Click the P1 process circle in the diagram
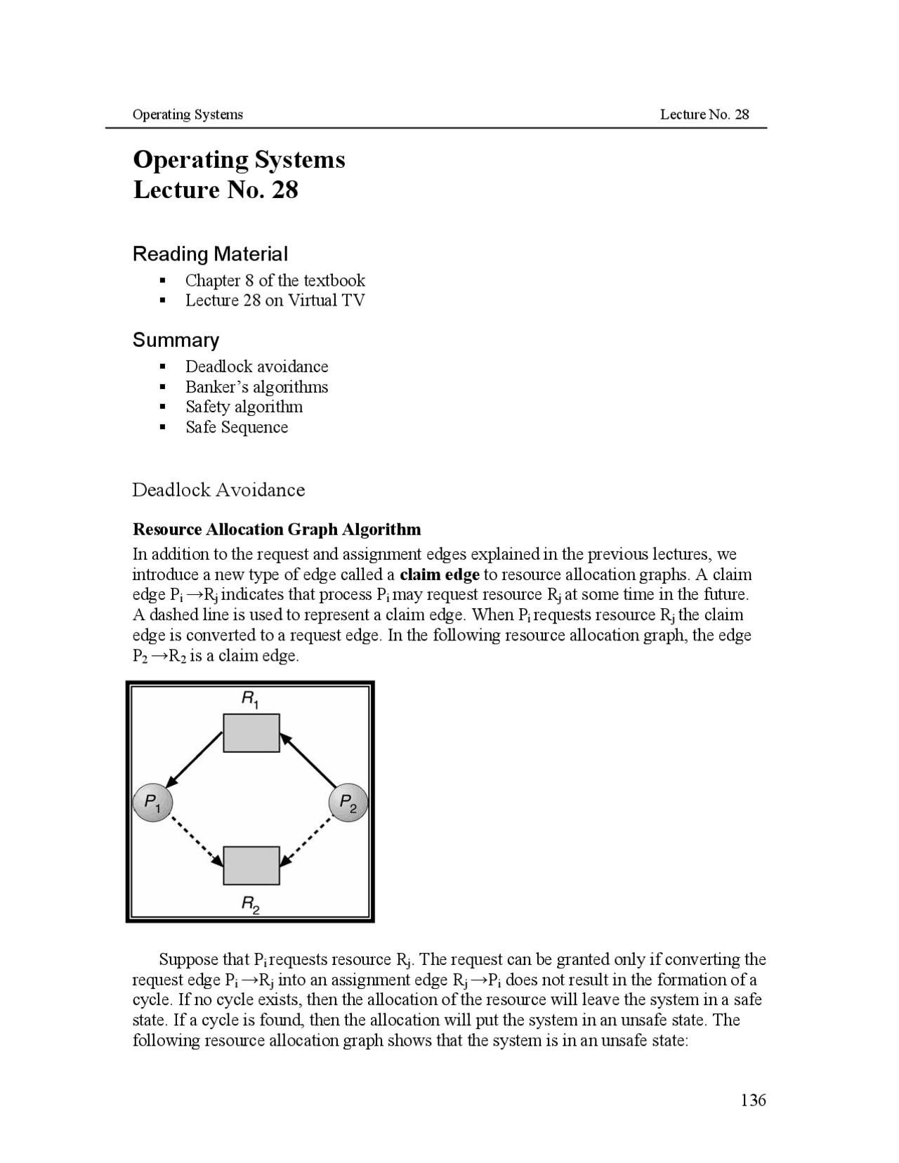coord(152,802)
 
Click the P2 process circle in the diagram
coord(348,802)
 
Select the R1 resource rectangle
coord(251,732)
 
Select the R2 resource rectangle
coord(251,865)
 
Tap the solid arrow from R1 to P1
coord(195,759)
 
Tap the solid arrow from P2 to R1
coord(308,760)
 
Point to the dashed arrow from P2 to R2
coord(306,841)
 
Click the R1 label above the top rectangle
coord(250,699)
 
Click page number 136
coord(753,1100)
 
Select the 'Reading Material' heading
coord(210,254)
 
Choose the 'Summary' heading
coord(176,340)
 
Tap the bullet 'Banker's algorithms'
coord(256,387)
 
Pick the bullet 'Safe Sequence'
coord(236,427)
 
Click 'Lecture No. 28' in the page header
coord(704,114)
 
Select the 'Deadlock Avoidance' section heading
coord(218,489)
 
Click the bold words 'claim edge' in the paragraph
coord(439,574)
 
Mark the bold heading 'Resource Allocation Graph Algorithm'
coord(277,529)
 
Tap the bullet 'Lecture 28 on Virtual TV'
coord(275,301)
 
